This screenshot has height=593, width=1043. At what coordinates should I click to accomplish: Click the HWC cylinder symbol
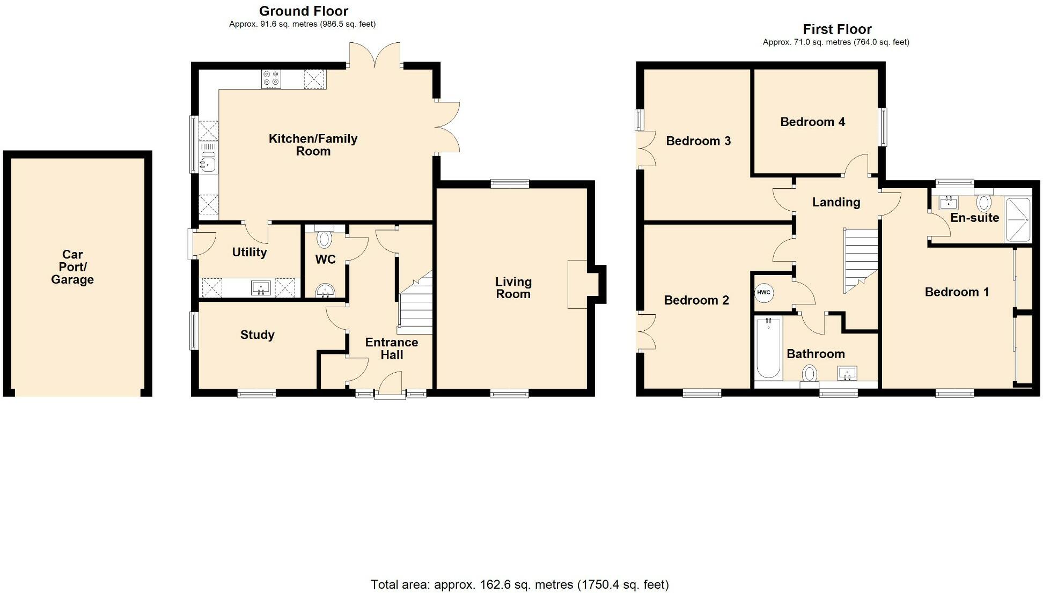pyautogui.click(x=763, y=293)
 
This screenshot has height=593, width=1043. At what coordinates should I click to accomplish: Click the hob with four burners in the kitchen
pyautogui.click(x=271, y=79)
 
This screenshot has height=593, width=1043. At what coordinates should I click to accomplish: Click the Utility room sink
pyautogui.click(x=261, y=288)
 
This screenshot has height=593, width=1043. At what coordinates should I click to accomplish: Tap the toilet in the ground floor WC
pyautogui.click(x=325, y=238)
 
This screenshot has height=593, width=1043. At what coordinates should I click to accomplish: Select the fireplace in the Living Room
pyautogui.click(x=578, y=284)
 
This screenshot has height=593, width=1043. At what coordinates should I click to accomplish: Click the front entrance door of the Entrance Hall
pyautogui.click(x=390, y=386)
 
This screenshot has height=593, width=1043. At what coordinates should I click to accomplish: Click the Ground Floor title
pyautogui.click(x=304, y=11)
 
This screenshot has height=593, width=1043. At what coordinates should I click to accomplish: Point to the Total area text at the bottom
pyautogui.click(x=519, y=584)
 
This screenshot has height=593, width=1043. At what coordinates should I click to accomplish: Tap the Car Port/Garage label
pyautogui.click(x=72, y=267)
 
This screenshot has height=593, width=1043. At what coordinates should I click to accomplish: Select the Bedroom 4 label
pyautogui.click(x=812, y=122)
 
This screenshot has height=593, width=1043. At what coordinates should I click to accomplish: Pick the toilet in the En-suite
pyautogui.click(x=983, y=203)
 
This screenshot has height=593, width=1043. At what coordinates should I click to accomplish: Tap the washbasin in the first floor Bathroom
pyautogui.click(x=847, y=373)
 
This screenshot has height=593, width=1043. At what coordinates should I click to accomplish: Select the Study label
pyautogui.click(x=257, y=335)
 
